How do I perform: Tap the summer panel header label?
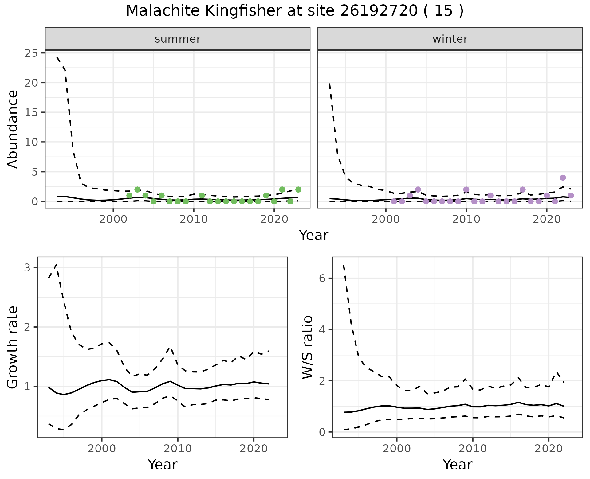pos(178,39)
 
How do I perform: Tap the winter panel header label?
pos(450,39)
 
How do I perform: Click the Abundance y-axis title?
pos(13,129)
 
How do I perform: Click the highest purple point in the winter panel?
pos(563,177)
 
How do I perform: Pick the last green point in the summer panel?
pos(298,189)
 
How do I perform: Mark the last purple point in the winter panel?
pos(571,195)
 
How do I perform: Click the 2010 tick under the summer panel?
pos(194,220)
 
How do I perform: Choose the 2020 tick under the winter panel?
pos(547,220)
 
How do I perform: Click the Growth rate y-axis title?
pos(13,347)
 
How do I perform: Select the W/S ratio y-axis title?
pos(308,347)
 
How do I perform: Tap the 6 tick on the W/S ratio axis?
pos(322,278)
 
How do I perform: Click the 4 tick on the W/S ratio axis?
pos(322,329)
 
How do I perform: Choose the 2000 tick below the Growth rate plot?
pos(102,449)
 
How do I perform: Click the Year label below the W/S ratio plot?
pos(457,465)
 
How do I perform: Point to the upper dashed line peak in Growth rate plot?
pos(56,265)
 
